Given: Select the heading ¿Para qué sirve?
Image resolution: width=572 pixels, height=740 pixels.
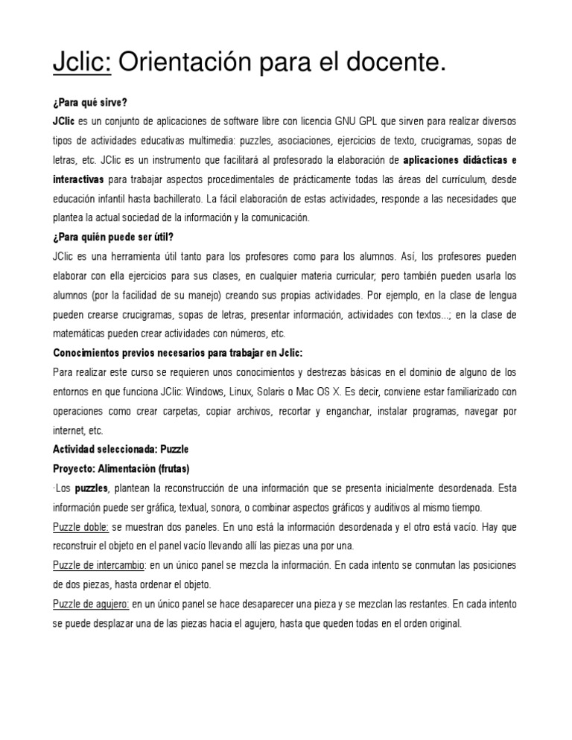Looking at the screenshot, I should coord(91,102).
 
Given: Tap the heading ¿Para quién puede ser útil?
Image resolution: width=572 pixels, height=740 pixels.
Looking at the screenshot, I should coord(112,237).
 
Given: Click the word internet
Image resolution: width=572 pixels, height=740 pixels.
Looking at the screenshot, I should coord(69,431).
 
